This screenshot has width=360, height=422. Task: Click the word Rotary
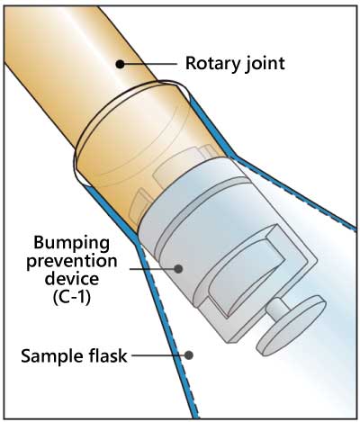coord(212,64)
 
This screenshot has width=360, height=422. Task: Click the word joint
coord(264,64)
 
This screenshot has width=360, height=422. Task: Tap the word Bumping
coord(71,244)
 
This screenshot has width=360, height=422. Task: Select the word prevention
coord(72,262)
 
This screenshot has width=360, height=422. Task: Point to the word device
coord(72,279)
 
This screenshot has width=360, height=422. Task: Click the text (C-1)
coord(72,297)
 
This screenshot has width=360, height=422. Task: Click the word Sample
coord(51,356)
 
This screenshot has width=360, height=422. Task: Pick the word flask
coord(106,355)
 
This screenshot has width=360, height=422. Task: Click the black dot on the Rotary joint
coord(120,64)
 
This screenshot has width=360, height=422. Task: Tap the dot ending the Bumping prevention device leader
coord(178,268)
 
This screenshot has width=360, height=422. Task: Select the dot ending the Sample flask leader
coord(188,355)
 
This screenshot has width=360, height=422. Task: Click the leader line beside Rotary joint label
coord(150,64)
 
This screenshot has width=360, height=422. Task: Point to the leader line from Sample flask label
coord(158,355)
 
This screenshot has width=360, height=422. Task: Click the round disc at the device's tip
coord(291,326)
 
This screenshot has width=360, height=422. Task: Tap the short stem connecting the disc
coord(276,310)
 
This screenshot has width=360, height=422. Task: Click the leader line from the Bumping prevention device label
coord(152,268)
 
